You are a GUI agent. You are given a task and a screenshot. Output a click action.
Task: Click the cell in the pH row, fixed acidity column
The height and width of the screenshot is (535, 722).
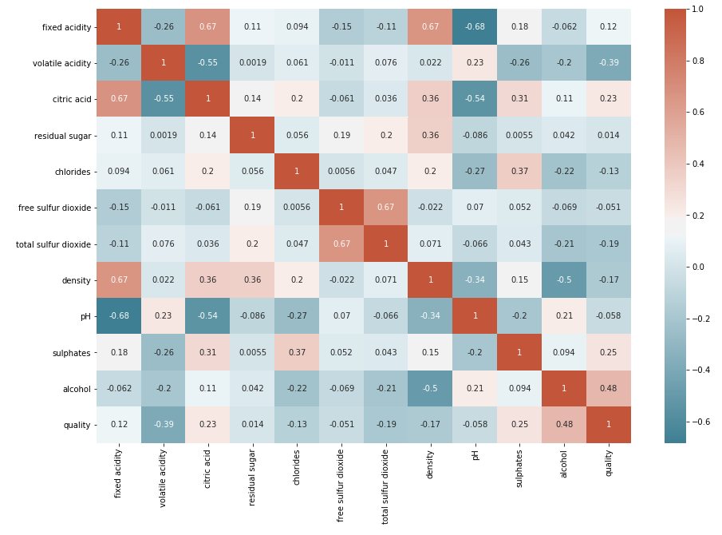(x=119, y=316)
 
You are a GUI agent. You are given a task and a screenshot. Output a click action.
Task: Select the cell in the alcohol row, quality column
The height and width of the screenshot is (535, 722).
(x=609, y=389)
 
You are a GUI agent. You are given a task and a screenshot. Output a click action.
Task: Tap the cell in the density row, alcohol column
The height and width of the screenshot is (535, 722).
(x=564, y=280)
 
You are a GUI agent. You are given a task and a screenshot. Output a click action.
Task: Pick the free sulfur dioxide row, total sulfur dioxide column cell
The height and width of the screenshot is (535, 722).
(x=386, y=208)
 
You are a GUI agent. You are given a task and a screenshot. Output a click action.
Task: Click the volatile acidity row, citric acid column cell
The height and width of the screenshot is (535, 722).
(x=207, y=63)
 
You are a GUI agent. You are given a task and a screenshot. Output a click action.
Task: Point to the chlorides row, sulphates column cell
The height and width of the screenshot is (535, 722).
(x=519, y=172)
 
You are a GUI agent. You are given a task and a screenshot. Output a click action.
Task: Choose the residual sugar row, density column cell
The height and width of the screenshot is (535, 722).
(x=431, y=136)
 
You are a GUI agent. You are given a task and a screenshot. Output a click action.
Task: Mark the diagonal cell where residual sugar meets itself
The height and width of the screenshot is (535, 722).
(x=252, y=136)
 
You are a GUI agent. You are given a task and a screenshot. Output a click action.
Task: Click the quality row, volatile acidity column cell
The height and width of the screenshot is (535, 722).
(x=164, y=425)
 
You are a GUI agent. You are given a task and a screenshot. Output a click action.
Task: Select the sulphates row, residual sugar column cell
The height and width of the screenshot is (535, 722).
(x=252, y=352)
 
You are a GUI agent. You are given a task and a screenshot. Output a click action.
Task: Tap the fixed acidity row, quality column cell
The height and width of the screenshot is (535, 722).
(x=609, y=27)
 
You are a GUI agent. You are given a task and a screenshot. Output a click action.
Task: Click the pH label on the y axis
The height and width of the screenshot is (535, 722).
(x=85, y=316)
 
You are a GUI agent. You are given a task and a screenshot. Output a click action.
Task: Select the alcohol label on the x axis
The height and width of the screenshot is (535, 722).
(x=565, y=463)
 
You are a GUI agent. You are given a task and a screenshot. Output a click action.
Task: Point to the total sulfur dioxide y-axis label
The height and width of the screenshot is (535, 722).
(x=53, y=244)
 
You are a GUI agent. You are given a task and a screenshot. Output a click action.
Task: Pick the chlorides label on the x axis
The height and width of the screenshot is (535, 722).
(x=297, y=468)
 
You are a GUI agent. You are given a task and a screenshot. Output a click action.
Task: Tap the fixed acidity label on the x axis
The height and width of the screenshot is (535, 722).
(x=119, y=473)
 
